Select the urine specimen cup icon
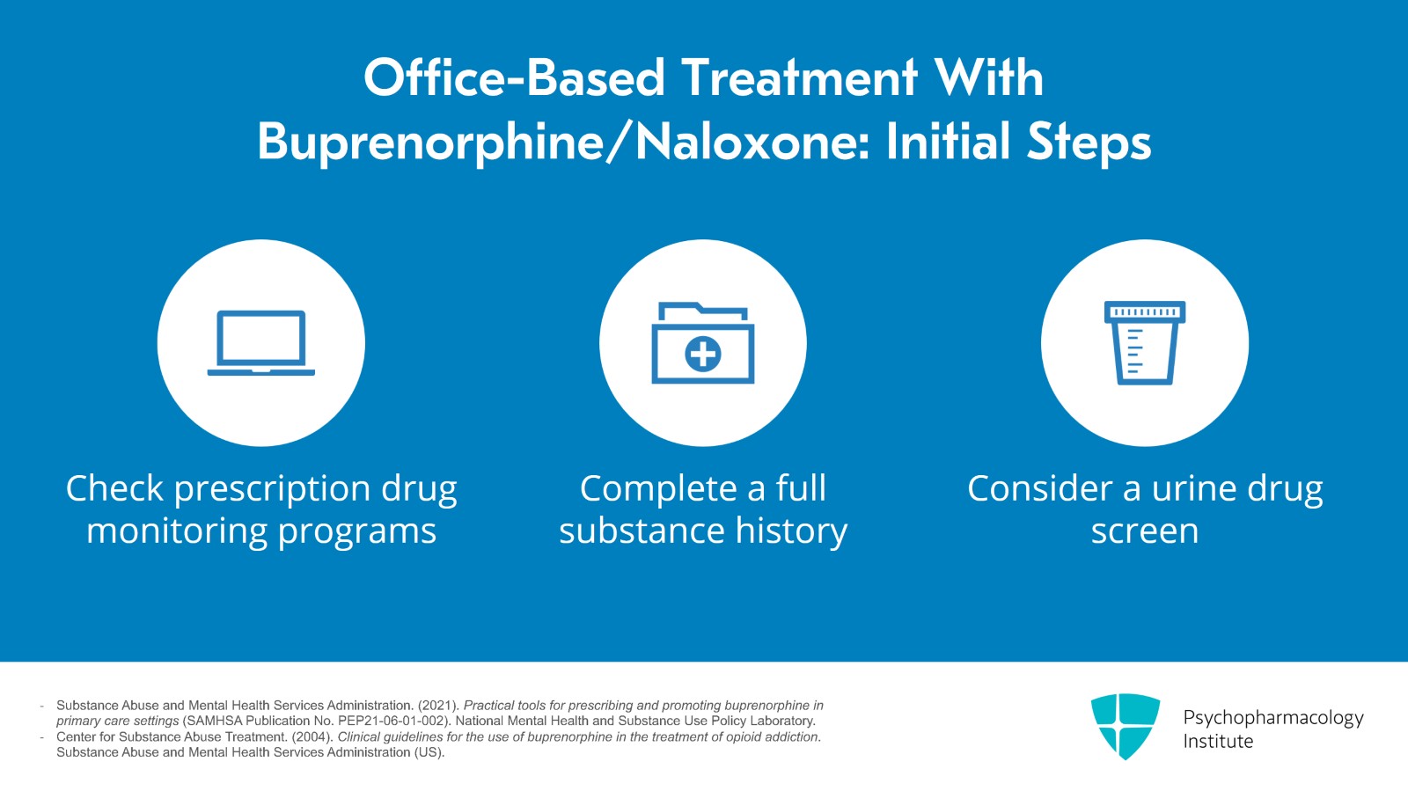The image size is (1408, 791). pyautogui.click(x=1145, y=342)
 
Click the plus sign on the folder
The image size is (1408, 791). pyautogui.click(x=703, y=355)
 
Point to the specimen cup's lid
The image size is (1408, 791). pyautogui.click(x=1145, y=311)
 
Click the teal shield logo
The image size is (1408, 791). pyautogui.click(x=1126, y=726)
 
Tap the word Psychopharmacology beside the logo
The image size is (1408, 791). pyautogui.click(x=1273, y=718)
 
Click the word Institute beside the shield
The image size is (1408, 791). pyautogui.click(x=1218, y=742)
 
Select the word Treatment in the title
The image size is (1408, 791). pyautogui.click(x=799, y=78)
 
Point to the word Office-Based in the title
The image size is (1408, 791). pyautogui.click(x=514, y=78)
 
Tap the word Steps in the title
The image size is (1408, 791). pyautogui.click(x=1089, y=142)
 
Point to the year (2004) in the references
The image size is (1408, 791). pyautogui.click(x=312, y=737)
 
